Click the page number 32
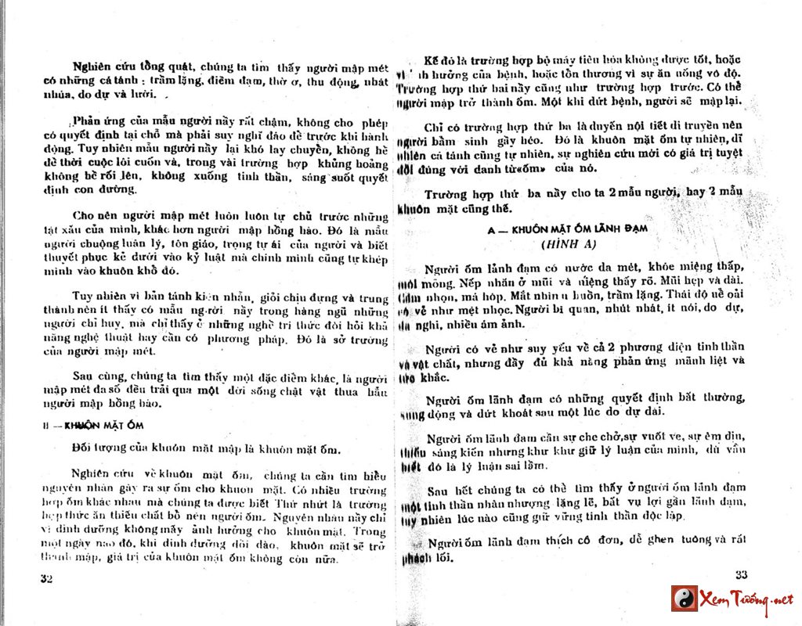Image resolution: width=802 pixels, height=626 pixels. [46, 578]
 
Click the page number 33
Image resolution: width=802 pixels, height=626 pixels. [742, 574]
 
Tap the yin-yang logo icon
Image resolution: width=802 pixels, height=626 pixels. [684, 599]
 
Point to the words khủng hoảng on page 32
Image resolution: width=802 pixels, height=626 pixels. [352, 163]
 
